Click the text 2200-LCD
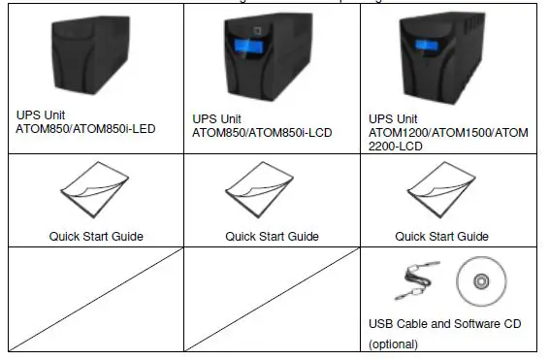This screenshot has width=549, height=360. point(397,146)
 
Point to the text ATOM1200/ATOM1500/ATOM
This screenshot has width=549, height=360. point(448,132)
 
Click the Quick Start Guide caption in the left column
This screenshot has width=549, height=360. point(96,235)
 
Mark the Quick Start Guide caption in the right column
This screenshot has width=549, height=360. point(441,235)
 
